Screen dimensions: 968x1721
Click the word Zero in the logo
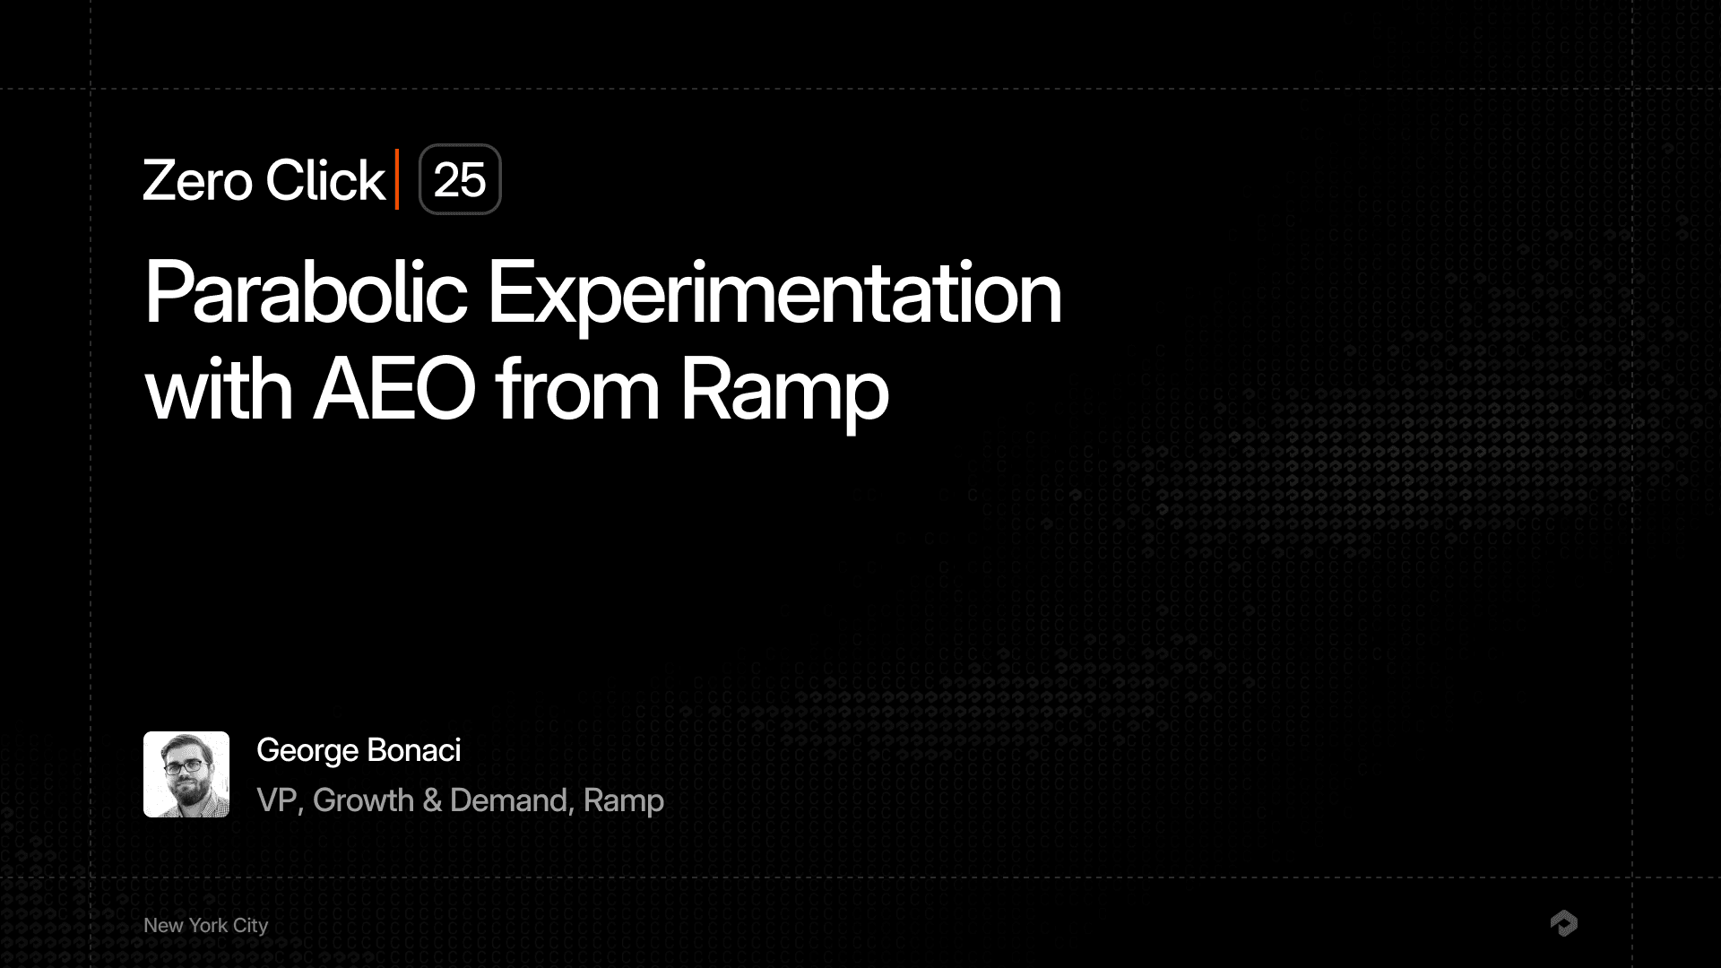(x=197, y=181)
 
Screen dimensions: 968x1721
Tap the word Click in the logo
(x=324, y=181)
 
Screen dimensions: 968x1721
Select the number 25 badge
(x=460, y=180)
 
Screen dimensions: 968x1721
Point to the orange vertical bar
(x=397, y=179)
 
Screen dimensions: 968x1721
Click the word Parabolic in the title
(x=306, y=292)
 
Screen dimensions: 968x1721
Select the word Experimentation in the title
(x=774, y=294)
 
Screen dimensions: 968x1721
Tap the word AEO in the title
(x=394, y=390)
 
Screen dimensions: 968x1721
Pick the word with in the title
(x=219, y=390)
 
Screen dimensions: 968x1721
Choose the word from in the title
(x=577, y=390)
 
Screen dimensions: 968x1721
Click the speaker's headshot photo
(x=186, y=774)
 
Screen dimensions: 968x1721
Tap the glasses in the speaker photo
(x=185, y=766)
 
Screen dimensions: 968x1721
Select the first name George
(x=307, y=751)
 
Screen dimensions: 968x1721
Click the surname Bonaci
(x=414, y=750)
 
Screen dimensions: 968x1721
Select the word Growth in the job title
(x=363, y=800)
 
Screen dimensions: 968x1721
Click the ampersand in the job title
(x=432, y=800)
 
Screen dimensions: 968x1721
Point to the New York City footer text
(x=205, y=925)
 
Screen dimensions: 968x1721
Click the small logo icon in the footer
(x=1563, y=923)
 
